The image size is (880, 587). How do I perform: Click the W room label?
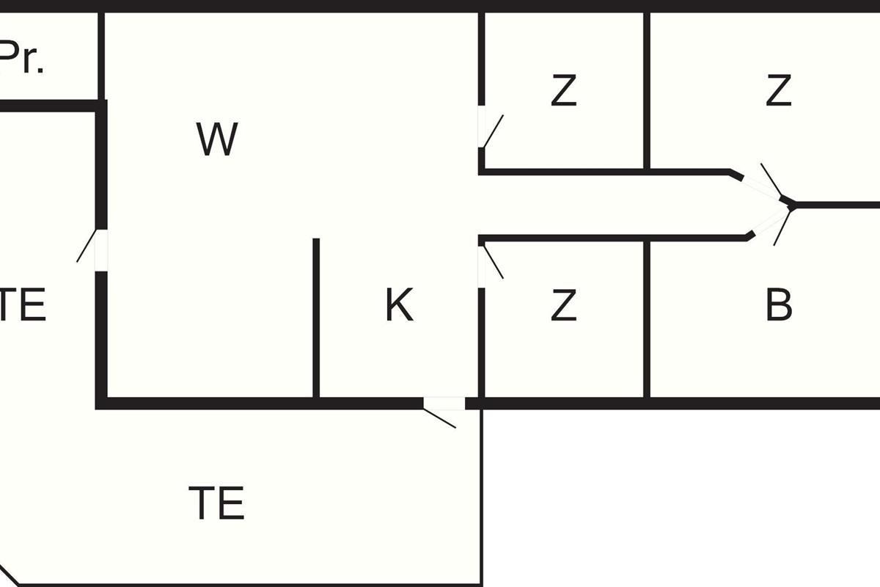(217, 139)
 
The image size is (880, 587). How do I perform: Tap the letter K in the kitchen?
(400, 305)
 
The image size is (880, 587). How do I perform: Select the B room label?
(779, 305)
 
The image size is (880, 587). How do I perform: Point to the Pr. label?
(22, 59)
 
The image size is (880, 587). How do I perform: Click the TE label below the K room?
(216, 503)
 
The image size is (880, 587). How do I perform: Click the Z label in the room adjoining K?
(563, 305)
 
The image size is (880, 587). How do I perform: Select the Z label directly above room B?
(778, 91)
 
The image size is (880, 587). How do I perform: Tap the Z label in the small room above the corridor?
(563, 91)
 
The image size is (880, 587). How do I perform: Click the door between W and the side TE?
(100, 249)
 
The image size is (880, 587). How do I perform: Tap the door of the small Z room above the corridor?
(483, 128)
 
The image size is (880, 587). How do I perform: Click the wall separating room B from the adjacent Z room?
(647, 319)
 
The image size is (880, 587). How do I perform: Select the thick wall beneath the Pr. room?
(48, 106)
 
